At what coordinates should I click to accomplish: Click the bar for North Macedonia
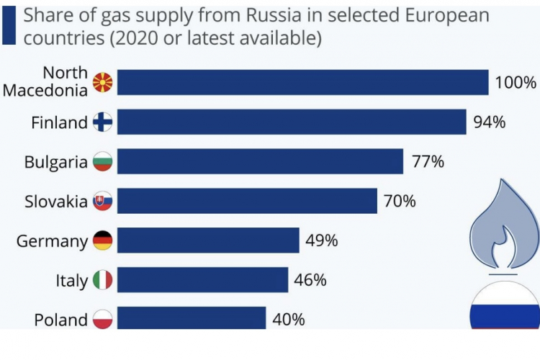(302, 83)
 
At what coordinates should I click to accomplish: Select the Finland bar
(292, 122)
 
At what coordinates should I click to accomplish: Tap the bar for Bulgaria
(260, 162)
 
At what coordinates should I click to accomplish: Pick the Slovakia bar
(247, 201)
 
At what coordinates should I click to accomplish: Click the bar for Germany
(208, 240)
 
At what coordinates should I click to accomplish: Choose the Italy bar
(203, 279)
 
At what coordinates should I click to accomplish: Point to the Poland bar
(192, 318)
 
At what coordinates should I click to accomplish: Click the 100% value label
(516, 83)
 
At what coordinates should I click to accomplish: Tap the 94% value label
(490, 122)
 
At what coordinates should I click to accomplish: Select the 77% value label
(428, 162)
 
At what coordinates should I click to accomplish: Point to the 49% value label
(321, 240)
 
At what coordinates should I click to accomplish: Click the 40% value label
(288, 318)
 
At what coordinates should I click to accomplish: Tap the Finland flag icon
(103, 122)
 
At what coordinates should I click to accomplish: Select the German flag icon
(103, 240)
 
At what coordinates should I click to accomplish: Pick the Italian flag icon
(103, 279)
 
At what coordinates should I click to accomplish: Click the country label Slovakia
(55, 202)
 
